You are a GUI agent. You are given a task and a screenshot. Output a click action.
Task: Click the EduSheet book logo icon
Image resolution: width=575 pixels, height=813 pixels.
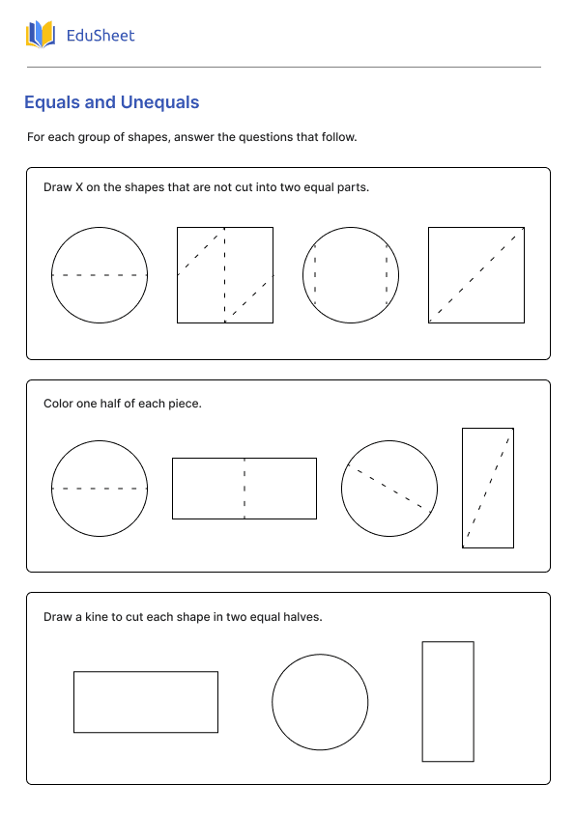41,36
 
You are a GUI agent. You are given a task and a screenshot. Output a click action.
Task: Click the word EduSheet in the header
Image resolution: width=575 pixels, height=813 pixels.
101,36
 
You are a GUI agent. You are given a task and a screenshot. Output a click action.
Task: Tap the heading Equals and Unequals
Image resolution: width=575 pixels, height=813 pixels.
111,102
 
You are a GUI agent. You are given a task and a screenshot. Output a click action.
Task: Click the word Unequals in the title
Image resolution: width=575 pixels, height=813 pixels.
159,102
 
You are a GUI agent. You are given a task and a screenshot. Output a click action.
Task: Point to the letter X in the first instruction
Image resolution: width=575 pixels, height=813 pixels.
78,187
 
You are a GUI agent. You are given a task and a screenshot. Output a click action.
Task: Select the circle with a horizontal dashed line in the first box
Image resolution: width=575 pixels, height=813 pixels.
100,275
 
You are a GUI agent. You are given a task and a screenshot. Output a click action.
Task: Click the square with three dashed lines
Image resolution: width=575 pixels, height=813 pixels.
225,275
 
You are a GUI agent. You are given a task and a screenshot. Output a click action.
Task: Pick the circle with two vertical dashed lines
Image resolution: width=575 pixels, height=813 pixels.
351,275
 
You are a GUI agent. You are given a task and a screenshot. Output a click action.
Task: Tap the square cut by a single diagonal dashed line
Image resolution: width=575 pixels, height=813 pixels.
476,275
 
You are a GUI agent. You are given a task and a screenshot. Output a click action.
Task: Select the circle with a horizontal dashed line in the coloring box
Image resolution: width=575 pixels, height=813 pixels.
100,489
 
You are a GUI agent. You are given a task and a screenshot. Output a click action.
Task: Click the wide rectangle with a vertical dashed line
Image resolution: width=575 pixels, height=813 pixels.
244,489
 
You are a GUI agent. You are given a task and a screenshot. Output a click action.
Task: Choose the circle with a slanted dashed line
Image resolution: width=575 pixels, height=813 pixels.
389,489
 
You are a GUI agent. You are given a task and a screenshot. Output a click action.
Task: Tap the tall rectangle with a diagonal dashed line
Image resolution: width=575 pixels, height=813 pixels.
488,489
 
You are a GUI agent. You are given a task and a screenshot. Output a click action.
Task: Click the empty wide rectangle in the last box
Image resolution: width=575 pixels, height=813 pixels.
146,702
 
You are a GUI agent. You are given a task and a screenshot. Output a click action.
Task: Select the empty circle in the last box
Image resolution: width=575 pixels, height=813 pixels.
320,702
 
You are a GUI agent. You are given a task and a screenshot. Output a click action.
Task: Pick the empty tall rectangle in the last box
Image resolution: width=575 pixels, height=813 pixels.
448,702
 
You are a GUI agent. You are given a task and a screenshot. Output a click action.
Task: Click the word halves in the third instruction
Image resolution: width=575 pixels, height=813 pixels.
302,617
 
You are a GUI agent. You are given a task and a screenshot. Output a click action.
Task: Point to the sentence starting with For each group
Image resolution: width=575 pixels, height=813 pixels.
192,137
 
